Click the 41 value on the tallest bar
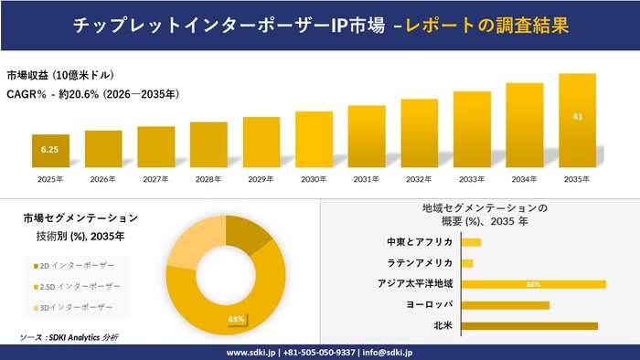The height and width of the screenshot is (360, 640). pos(577,117)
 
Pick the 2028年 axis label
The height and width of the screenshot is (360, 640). pos(208,178)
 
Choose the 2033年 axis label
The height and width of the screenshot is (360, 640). pos(472,178)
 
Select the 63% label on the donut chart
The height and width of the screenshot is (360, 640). pos(236,319)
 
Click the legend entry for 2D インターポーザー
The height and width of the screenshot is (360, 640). pos(74,265)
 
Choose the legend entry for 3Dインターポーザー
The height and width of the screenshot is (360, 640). pos(73,307)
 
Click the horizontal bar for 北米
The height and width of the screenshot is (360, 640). pos(529,325)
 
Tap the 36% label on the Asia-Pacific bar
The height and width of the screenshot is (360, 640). pos(533,284)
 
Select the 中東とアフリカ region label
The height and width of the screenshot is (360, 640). pos(421,242)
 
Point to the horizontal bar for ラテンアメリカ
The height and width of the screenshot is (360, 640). pos(467,263)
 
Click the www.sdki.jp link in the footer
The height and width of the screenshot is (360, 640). pos(251,352)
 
